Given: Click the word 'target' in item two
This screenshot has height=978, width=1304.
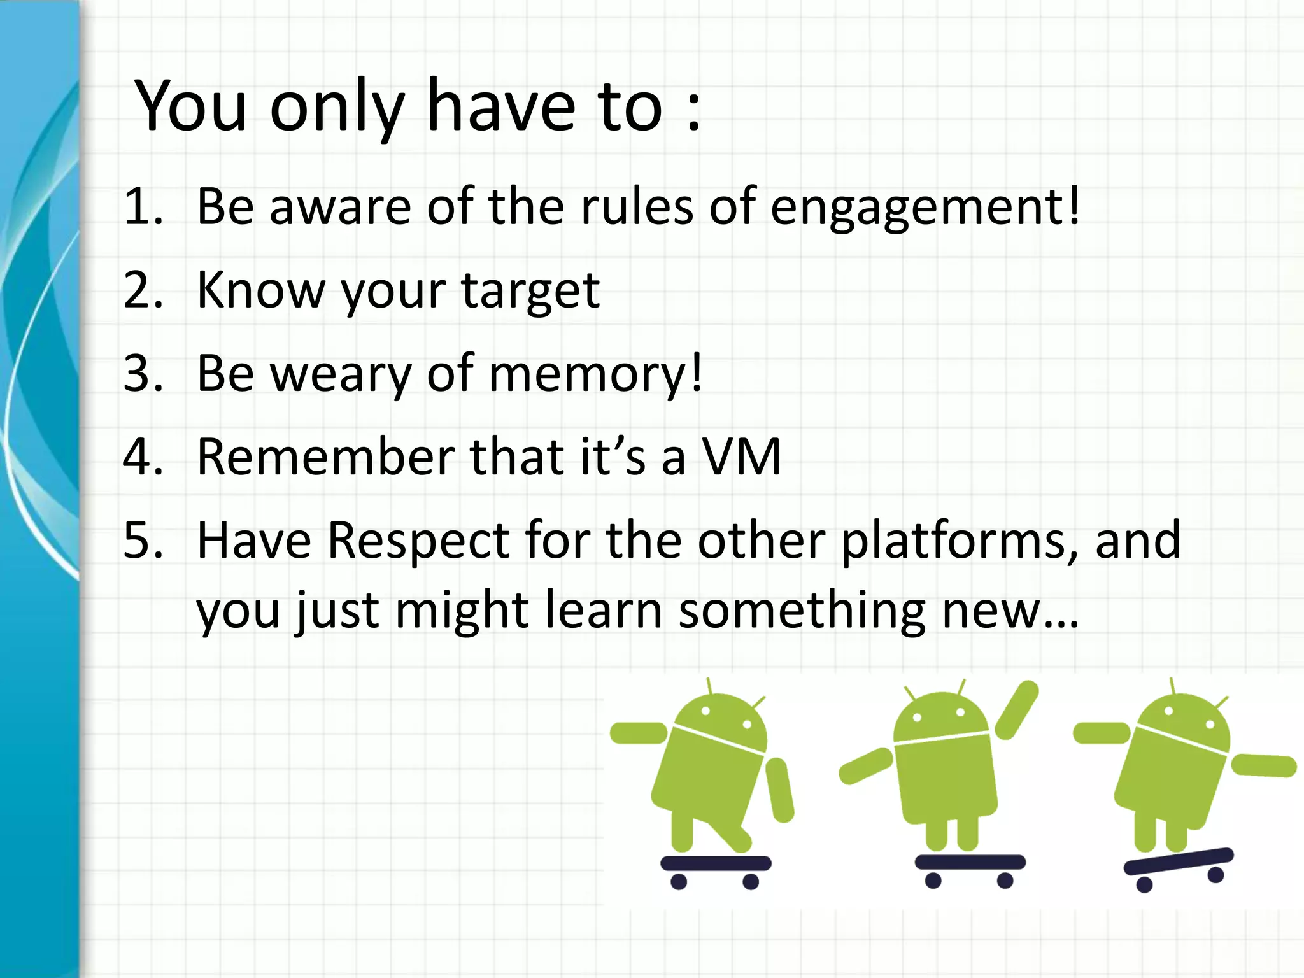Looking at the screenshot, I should pos(530,292).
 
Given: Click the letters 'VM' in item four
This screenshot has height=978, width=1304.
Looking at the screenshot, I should pos(741,457).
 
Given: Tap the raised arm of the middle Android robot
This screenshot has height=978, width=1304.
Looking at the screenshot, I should pos(1017,710).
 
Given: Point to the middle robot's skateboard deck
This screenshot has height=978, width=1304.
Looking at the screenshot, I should pos(970,861).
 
